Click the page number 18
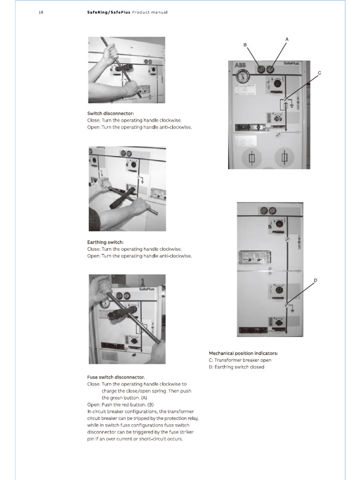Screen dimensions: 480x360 coord(41,12)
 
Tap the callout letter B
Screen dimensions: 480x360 coord(245,45)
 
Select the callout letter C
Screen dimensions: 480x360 coord(320,73)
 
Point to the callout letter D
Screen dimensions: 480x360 coord(315,280)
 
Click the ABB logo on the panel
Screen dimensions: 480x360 coord(240,66)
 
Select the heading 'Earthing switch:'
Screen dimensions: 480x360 coord(105,242)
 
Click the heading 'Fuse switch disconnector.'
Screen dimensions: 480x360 coord(116,377)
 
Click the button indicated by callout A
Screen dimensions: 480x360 coord(270,69)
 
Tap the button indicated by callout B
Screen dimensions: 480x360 coord(261,69)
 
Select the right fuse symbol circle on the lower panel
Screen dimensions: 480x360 coord(285,158)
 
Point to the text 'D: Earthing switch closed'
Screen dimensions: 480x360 coord(237,367)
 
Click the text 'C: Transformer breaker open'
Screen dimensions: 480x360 coord(240,360)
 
